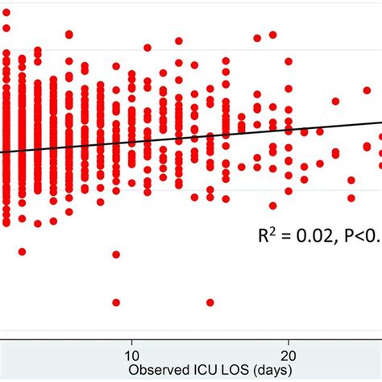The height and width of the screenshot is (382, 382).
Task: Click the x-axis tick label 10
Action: pyautogui.click(x=131, y=354)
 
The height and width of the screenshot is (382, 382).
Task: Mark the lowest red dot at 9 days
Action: pyautogui.click(x=116, y=302)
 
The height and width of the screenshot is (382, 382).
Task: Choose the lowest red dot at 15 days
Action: pyautogui.click(x=210, y=302)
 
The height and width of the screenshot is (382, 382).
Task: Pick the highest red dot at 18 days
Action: pyautogui.click(x=258, y=37)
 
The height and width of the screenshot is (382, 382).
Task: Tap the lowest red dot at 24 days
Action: pyautogui.click(x=351, y=197)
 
